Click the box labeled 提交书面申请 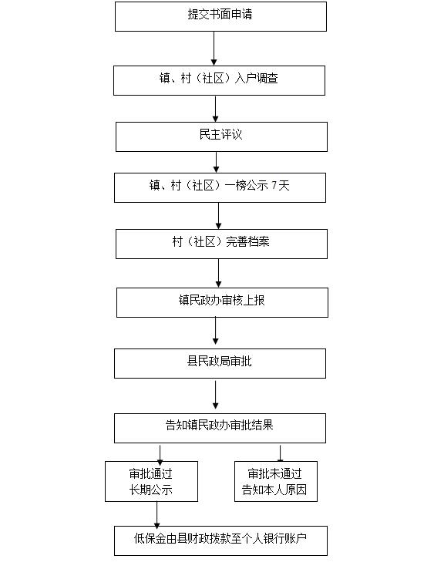click(x=220, y=16)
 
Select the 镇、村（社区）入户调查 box click(x=219, y=80)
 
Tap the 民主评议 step click(x=221, y=136)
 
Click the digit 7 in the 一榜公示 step click(x=274, y=186)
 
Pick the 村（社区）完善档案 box click(x=221, y=244)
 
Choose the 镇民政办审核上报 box click(x=222, y=303)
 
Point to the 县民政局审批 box click(x=220, y=364)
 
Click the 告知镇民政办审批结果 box click(x=220, y=428)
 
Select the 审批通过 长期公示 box click(x=151, y=482)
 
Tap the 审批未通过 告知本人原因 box click(x=276, y=482)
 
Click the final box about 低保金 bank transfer click(x=220, y=540)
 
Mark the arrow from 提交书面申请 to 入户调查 click(x=214, y=49)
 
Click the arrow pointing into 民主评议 click(x=215, y=109)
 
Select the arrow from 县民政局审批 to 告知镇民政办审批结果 click(x=215, y=395)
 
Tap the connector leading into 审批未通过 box click(x=280, y=453)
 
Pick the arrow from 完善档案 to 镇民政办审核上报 click(x=218, y=273)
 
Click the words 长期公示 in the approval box click(x=151, y=490)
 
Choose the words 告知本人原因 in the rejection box click(x=274, y=490)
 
